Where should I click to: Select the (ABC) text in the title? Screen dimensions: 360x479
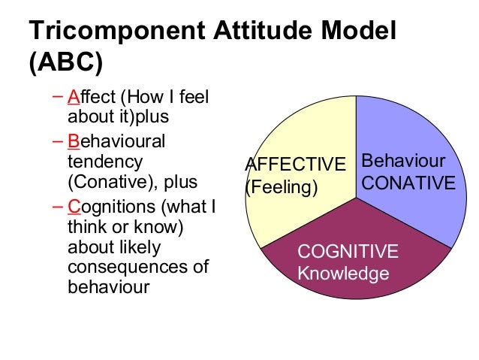[x=65, y=63]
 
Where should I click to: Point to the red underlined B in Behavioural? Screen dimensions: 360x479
[x=73, y=141]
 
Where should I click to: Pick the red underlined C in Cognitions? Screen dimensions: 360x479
[x=74, y=206]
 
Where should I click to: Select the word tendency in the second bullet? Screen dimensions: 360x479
[x=104, y=162]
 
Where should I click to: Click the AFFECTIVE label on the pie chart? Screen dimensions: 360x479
[x=296, y=165]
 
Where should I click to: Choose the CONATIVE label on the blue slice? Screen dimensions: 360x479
[x=408, y=183]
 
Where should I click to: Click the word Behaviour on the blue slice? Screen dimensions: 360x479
[x=403, y=162]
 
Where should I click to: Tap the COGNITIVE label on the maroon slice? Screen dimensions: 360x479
[x=348, y=252]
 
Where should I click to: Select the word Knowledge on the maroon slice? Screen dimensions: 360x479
[x=343, y=273]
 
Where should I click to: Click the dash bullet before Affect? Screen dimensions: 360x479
[x=59, y=98]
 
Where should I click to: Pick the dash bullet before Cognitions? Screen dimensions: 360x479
[x=59, y=205]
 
